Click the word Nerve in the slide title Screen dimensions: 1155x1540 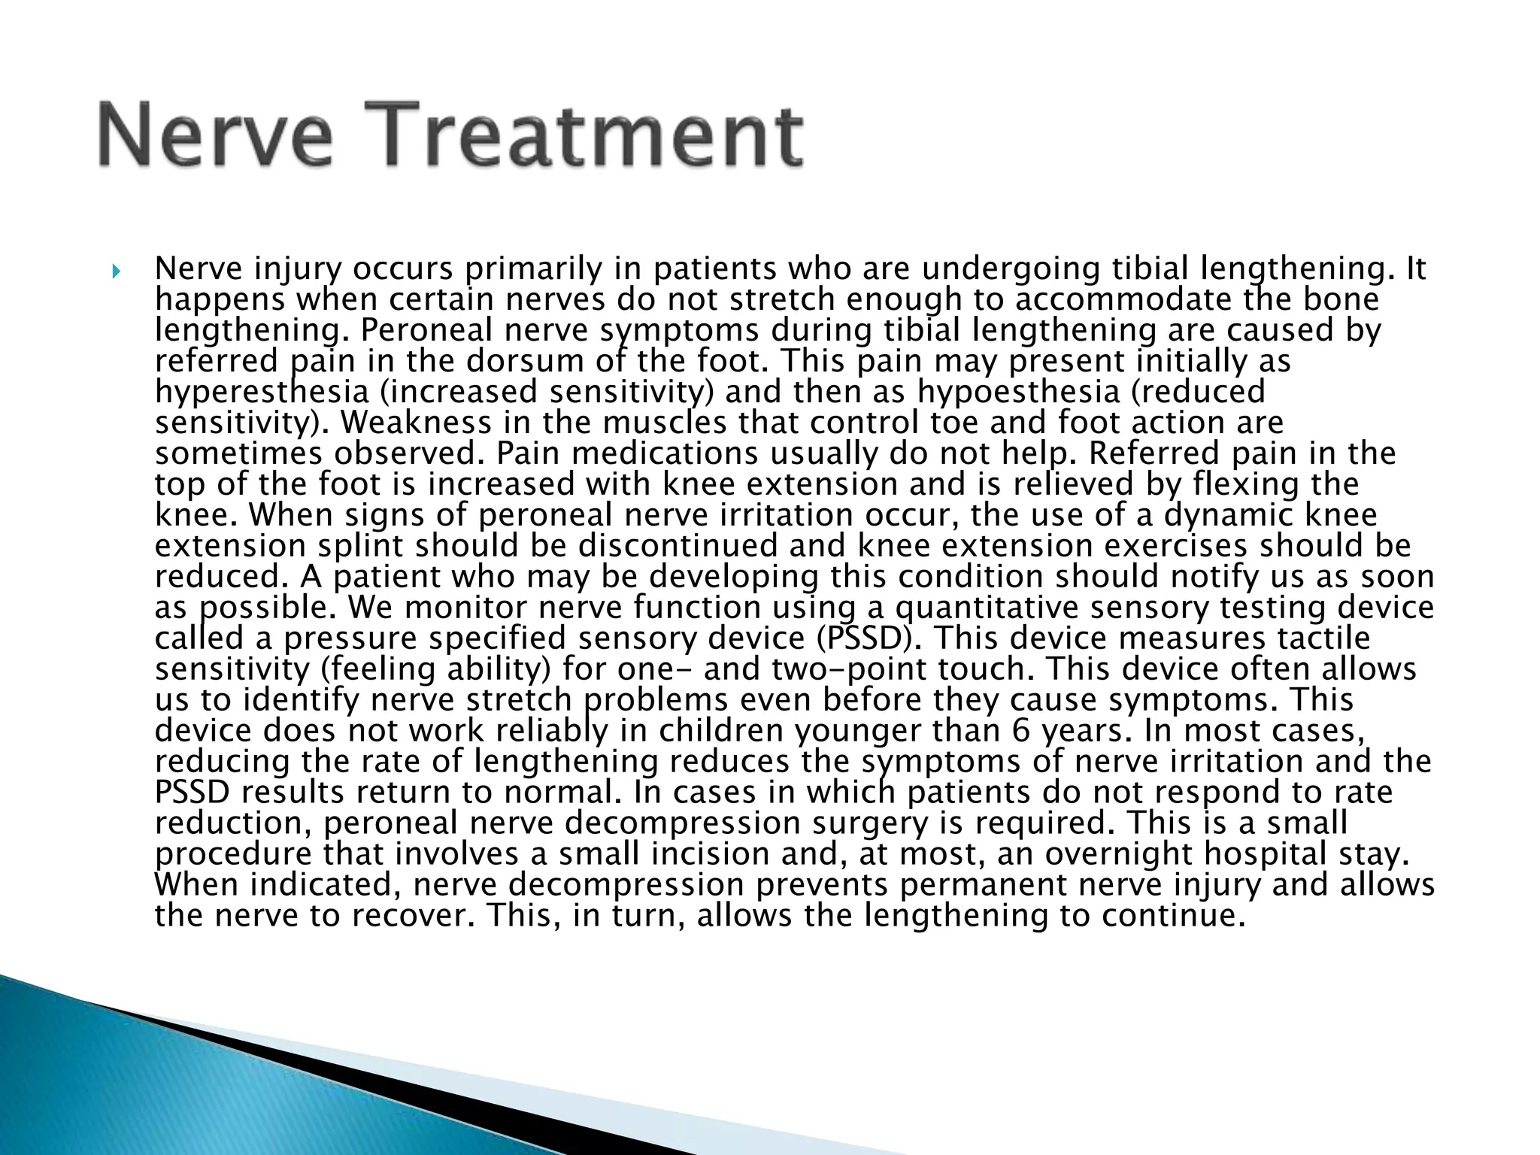coord(215,136)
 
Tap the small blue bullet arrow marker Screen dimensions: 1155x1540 coord(115,270)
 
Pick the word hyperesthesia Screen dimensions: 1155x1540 coord(262,392)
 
